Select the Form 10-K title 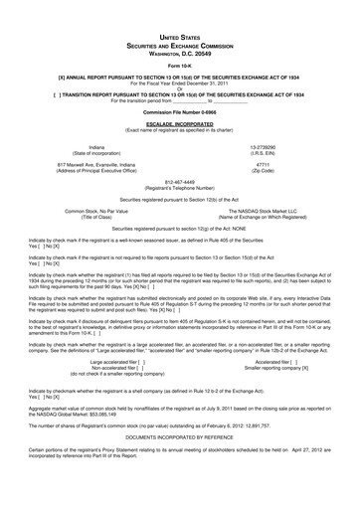180,68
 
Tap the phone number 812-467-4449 180,210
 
